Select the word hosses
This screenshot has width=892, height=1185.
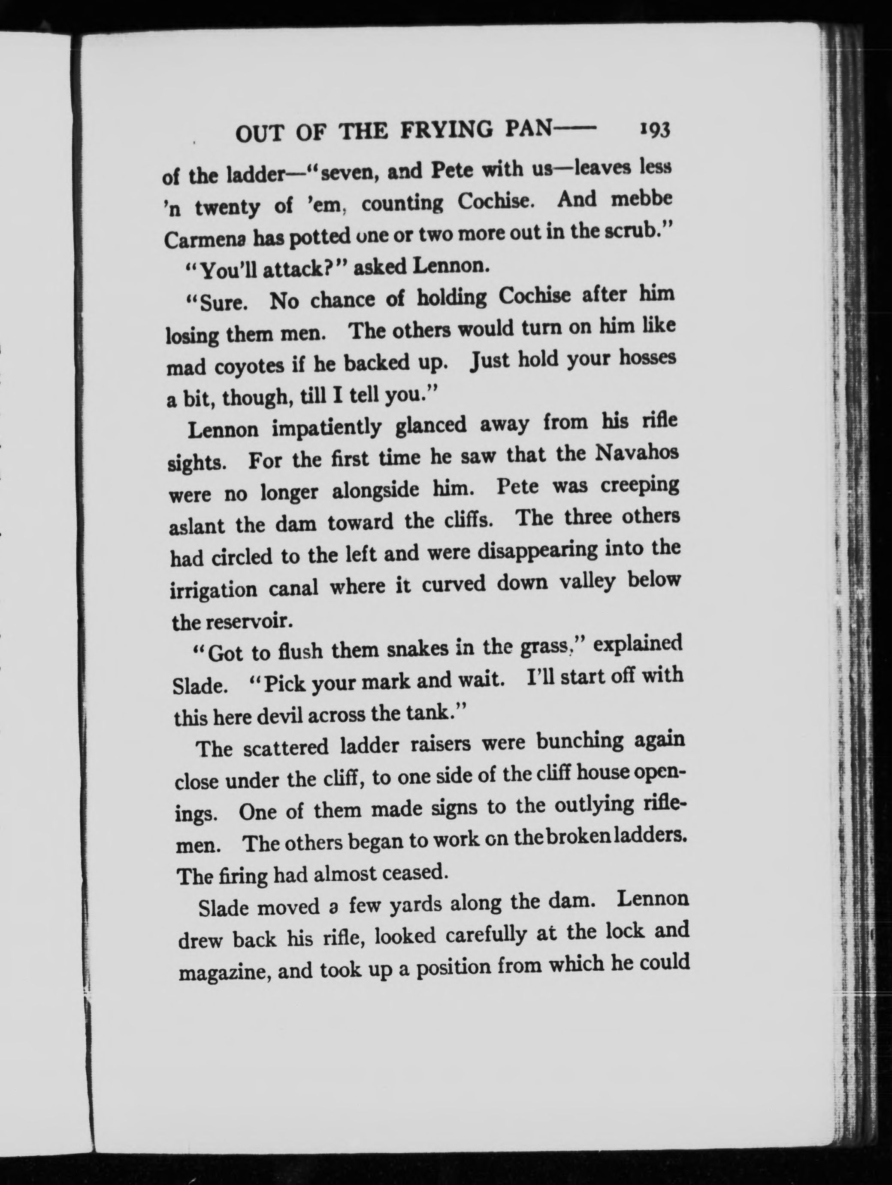pyautogui.click(x=647, y=358)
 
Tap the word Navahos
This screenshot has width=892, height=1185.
pyautogui.click(x=637, y=454)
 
